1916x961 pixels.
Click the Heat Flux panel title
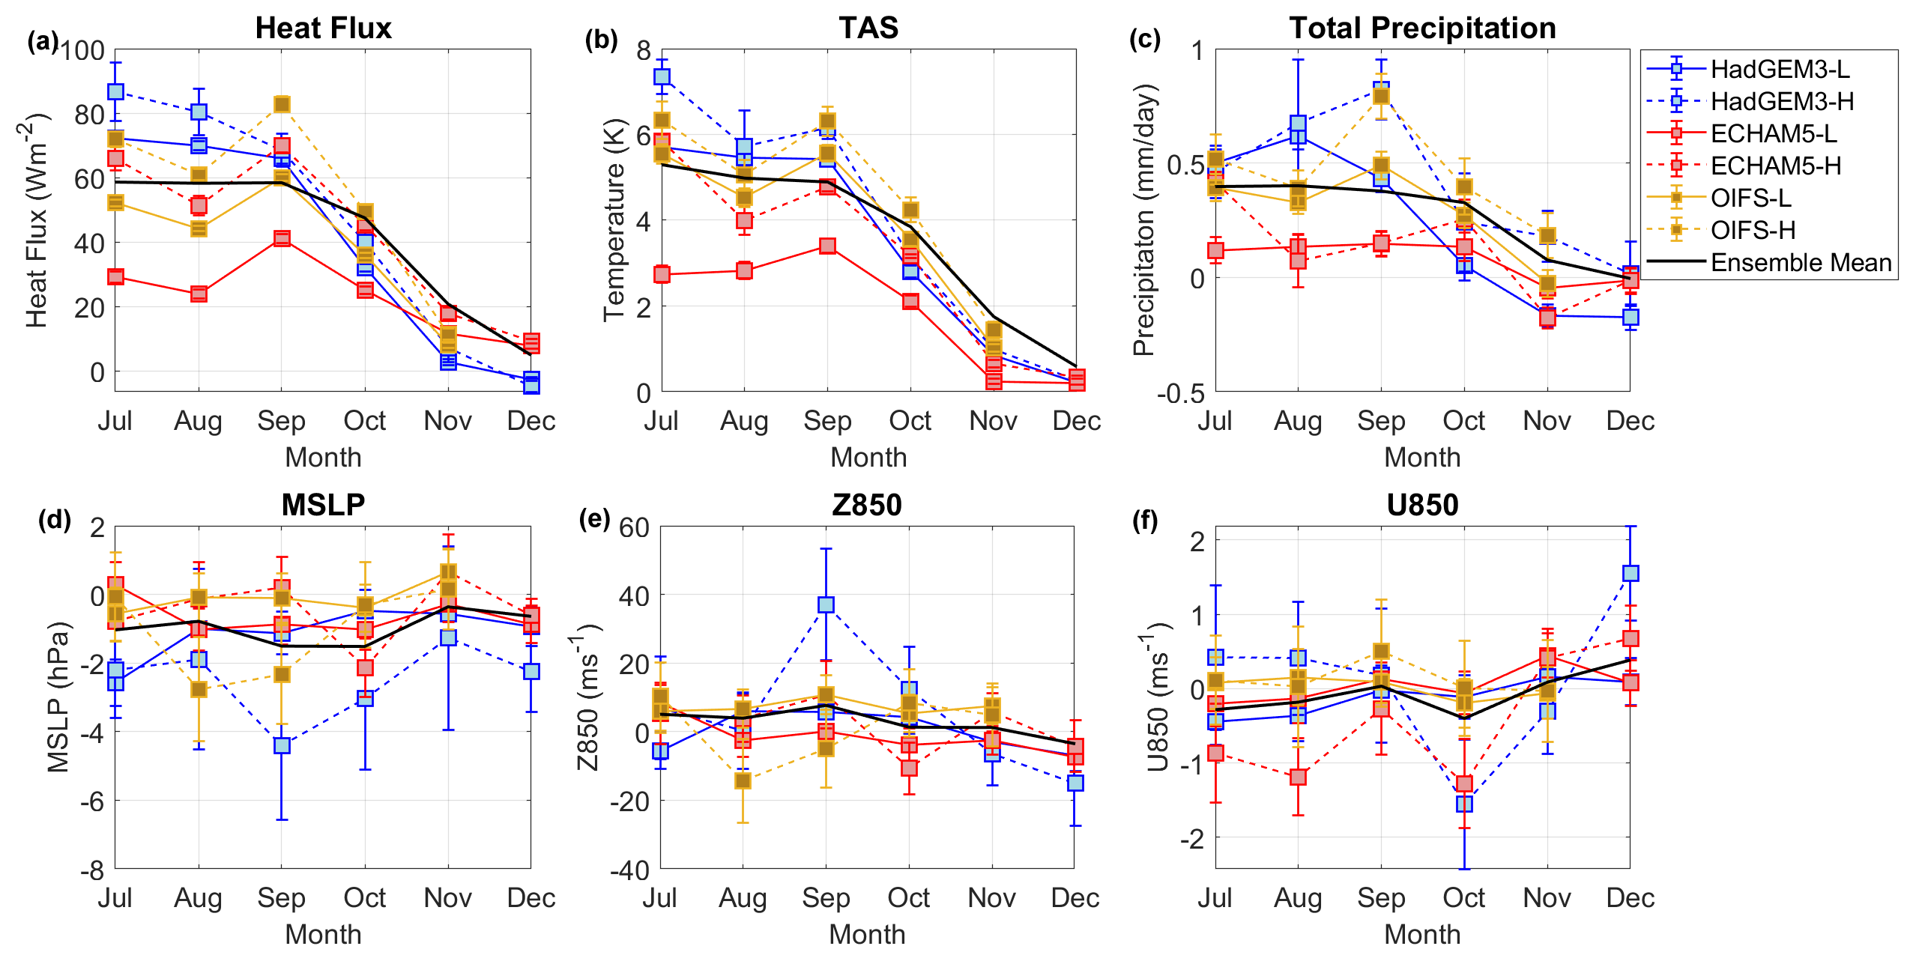click(323, 28)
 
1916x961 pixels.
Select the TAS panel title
click(868, 28)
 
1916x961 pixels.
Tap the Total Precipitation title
click(1422, 28)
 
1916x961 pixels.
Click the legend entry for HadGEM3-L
click(1780, 69)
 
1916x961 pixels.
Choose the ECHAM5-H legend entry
click(1775, 166)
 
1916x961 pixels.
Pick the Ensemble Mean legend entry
click(1801, 262)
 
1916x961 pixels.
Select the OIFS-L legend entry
click(1751, 198)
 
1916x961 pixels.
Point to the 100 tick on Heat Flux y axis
click(82, 51)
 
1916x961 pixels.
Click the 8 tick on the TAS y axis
click(643, 51)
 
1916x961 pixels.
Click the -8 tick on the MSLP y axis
click(93, 870)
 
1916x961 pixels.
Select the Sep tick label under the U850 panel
click(1381, 897)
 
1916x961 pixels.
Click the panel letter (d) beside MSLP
click(55, 520)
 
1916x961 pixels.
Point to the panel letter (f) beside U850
click(1145, 520)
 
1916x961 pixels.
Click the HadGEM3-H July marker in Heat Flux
click(115, 91)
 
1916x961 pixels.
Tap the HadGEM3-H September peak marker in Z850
click(826, 604)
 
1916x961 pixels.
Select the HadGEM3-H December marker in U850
click(1631, 573)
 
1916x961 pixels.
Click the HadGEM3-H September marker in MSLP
click(282, 745)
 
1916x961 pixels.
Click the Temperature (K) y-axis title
click(614, 220)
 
